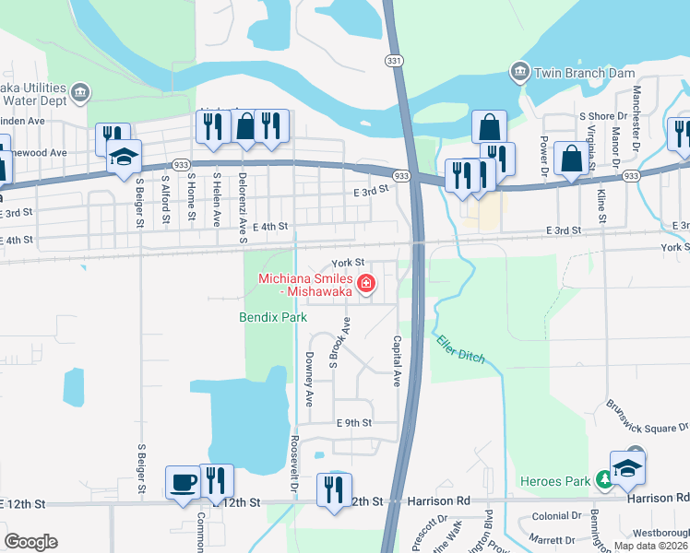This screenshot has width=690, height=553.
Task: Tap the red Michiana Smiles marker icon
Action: point(366,283)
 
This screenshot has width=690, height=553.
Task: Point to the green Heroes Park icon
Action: point(604,478)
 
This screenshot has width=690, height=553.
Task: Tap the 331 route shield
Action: point(394,60)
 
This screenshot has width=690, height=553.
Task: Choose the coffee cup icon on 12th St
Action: point(182,481)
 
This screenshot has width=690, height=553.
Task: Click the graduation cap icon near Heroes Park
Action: point(627,468)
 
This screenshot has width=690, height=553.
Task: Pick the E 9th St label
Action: point(351,423)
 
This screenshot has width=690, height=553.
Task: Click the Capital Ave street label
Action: point(398,360)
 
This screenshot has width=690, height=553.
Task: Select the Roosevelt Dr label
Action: point(294,454)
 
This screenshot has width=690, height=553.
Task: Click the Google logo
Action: point(31,542)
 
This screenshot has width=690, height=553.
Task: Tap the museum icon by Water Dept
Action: point(80,91)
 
